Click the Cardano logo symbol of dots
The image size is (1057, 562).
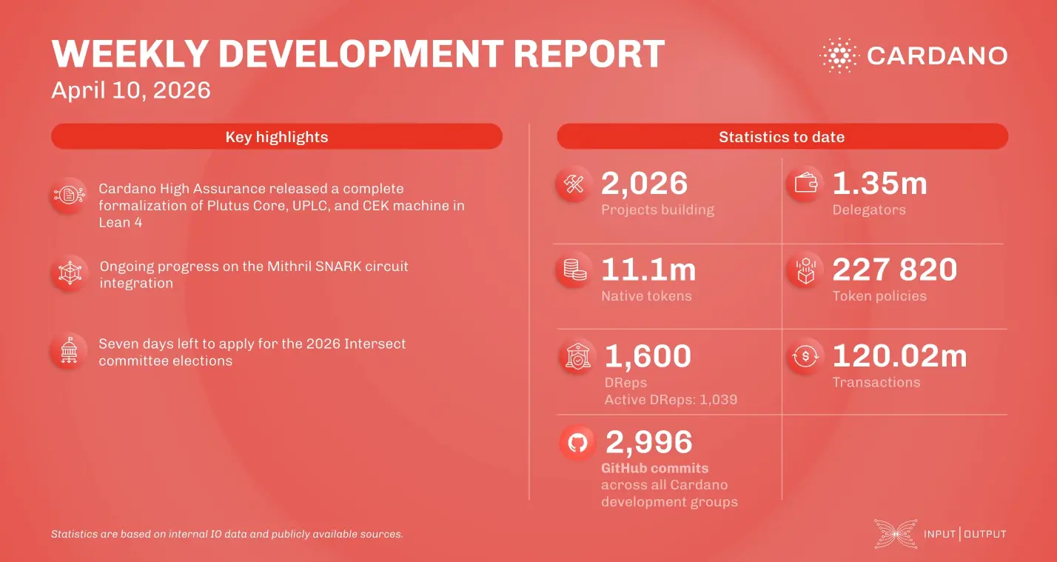(x=839, y=56)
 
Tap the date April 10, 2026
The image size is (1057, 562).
(x=131, y=90)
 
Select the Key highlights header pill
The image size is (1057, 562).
(x=276, y=137)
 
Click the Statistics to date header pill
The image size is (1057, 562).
(x=782, y=137)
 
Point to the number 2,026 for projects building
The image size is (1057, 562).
(x=644, y=184)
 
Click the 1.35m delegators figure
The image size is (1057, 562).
(x=879, y=184)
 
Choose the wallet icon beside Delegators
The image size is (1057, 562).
(x=805, y=184)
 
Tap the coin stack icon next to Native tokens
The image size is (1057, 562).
(x=574, y=270)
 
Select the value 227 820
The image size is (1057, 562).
(x=894, y=270)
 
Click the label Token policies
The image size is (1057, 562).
(x=879, y=296)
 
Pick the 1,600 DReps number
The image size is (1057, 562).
(x=648, y=356)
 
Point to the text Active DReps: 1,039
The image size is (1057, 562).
(x=671, y=400)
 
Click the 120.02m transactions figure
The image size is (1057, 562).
(x=899, y=356)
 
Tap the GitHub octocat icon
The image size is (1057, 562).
(x=577, y=443)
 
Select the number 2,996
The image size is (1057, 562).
(x=648, y=442)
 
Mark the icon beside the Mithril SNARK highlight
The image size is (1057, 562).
(x=69, y=274)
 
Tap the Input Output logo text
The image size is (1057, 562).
(x=964, y=534)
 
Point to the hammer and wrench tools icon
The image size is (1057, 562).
(x=574, y=184)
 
